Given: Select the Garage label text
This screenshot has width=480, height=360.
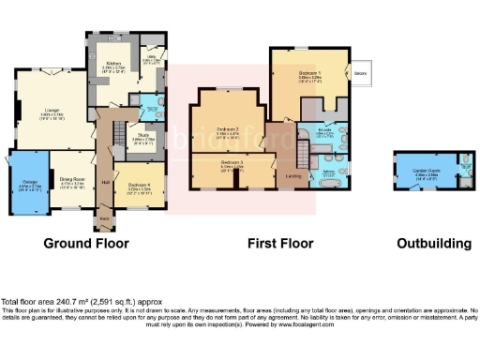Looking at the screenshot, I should pyautogui.click(x=31, y=186).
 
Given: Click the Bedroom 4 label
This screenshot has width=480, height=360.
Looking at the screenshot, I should pyautogui.click(x=140, y=186).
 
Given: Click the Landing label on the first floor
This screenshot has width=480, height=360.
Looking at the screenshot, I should pyautogui.click(x=293, y=174).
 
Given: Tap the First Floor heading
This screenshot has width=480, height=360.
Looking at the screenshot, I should pyautogui.click(x=279, y=244).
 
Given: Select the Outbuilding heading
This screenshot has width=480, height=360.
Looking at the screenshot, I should pyautogui.click(x=433, y=244).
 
